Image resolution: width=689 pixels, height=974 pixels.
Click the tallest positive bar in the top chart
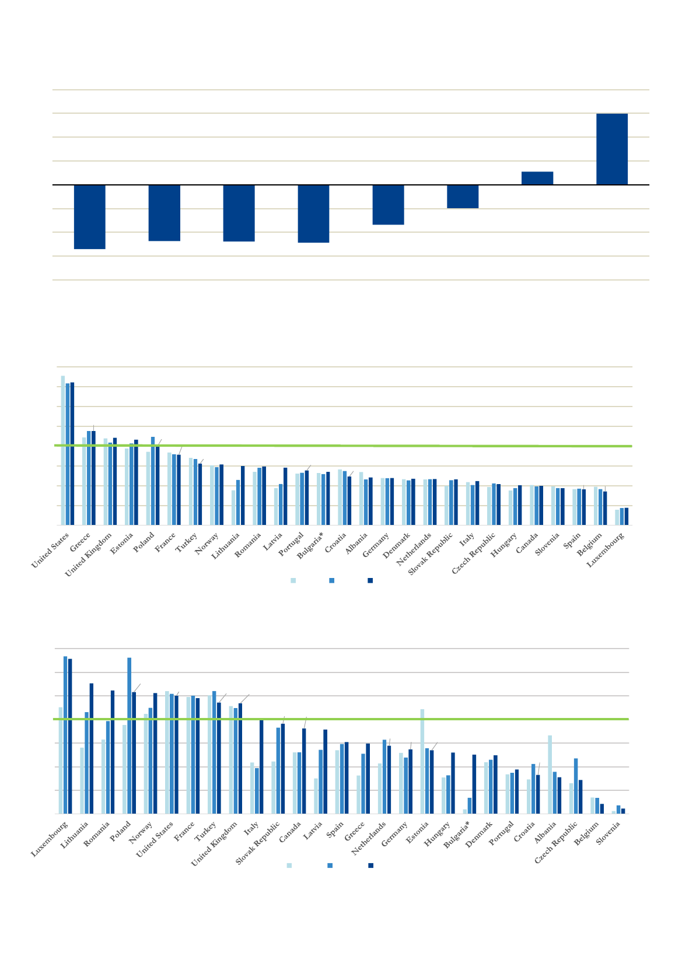(x=611, y=149)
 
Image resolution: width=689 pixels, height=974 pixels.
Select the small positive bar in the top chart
(x=537, y=178)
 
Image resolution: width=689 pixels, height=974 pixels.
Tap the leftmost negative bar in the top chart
(x=89, y=216)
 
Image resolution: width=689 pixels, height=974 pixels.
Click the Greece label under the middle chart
(x=80, y=542)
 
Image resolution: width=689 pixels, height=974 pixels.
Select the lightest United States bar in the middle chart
(x=63, y=450)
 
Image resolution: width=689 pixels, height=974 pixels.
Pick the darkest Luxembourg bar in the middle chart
(x=627, y=517)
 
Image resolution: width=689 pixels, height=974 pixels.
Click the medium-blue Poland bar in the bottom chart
(x=129, y=735)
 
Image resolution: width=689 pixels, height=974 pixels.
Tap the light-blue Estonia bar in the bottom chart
(x=422, y=761)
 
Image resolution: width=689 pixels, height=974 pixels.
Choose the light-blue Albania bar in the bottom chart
(x=550, y=774)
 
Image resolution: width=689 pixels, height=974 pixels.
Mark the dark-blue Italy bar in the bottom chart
(x=261, y=766)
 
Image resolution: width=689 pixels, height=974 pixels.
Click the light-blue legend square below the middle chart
(x=293, y=580)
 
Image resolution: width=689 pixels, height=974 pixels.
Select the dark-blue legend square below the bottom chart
(x=370, y=866)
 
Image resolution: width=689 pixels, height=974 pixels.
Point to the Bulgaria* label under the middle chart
(x=310, y=545)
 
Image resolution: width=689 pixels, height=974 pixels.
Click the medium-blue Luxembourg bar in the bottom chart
(x=65, y=735)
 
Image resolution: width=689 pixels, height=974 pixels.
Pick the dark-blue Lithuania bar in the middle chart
(x=243, y=496)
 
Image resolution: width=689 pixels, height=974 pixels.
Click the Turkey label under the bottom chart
(x=206, y=831)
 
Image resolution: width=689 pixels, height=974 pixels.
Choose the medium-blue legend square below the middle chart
(x=332, y=580)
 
